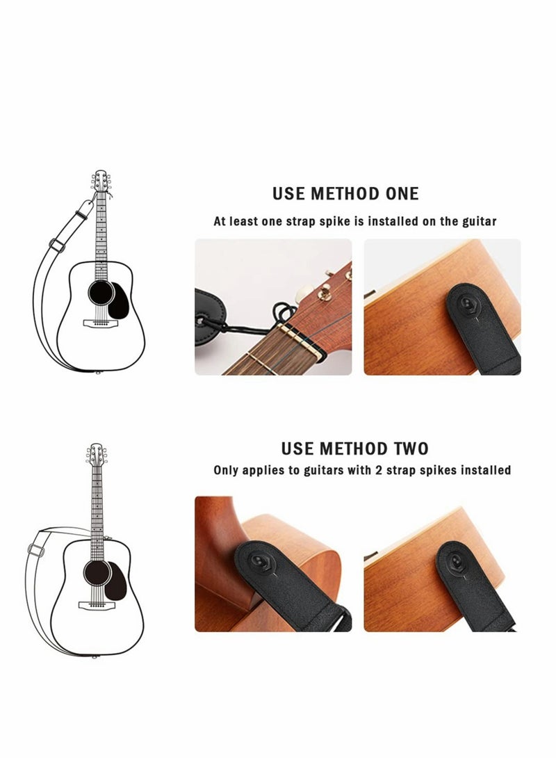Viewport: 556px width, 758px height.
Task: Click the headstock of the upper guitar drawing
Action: click(x=101, y=182)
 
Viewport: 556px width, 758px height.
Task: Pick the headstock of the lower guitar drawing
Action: click(x=96, y=455)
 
